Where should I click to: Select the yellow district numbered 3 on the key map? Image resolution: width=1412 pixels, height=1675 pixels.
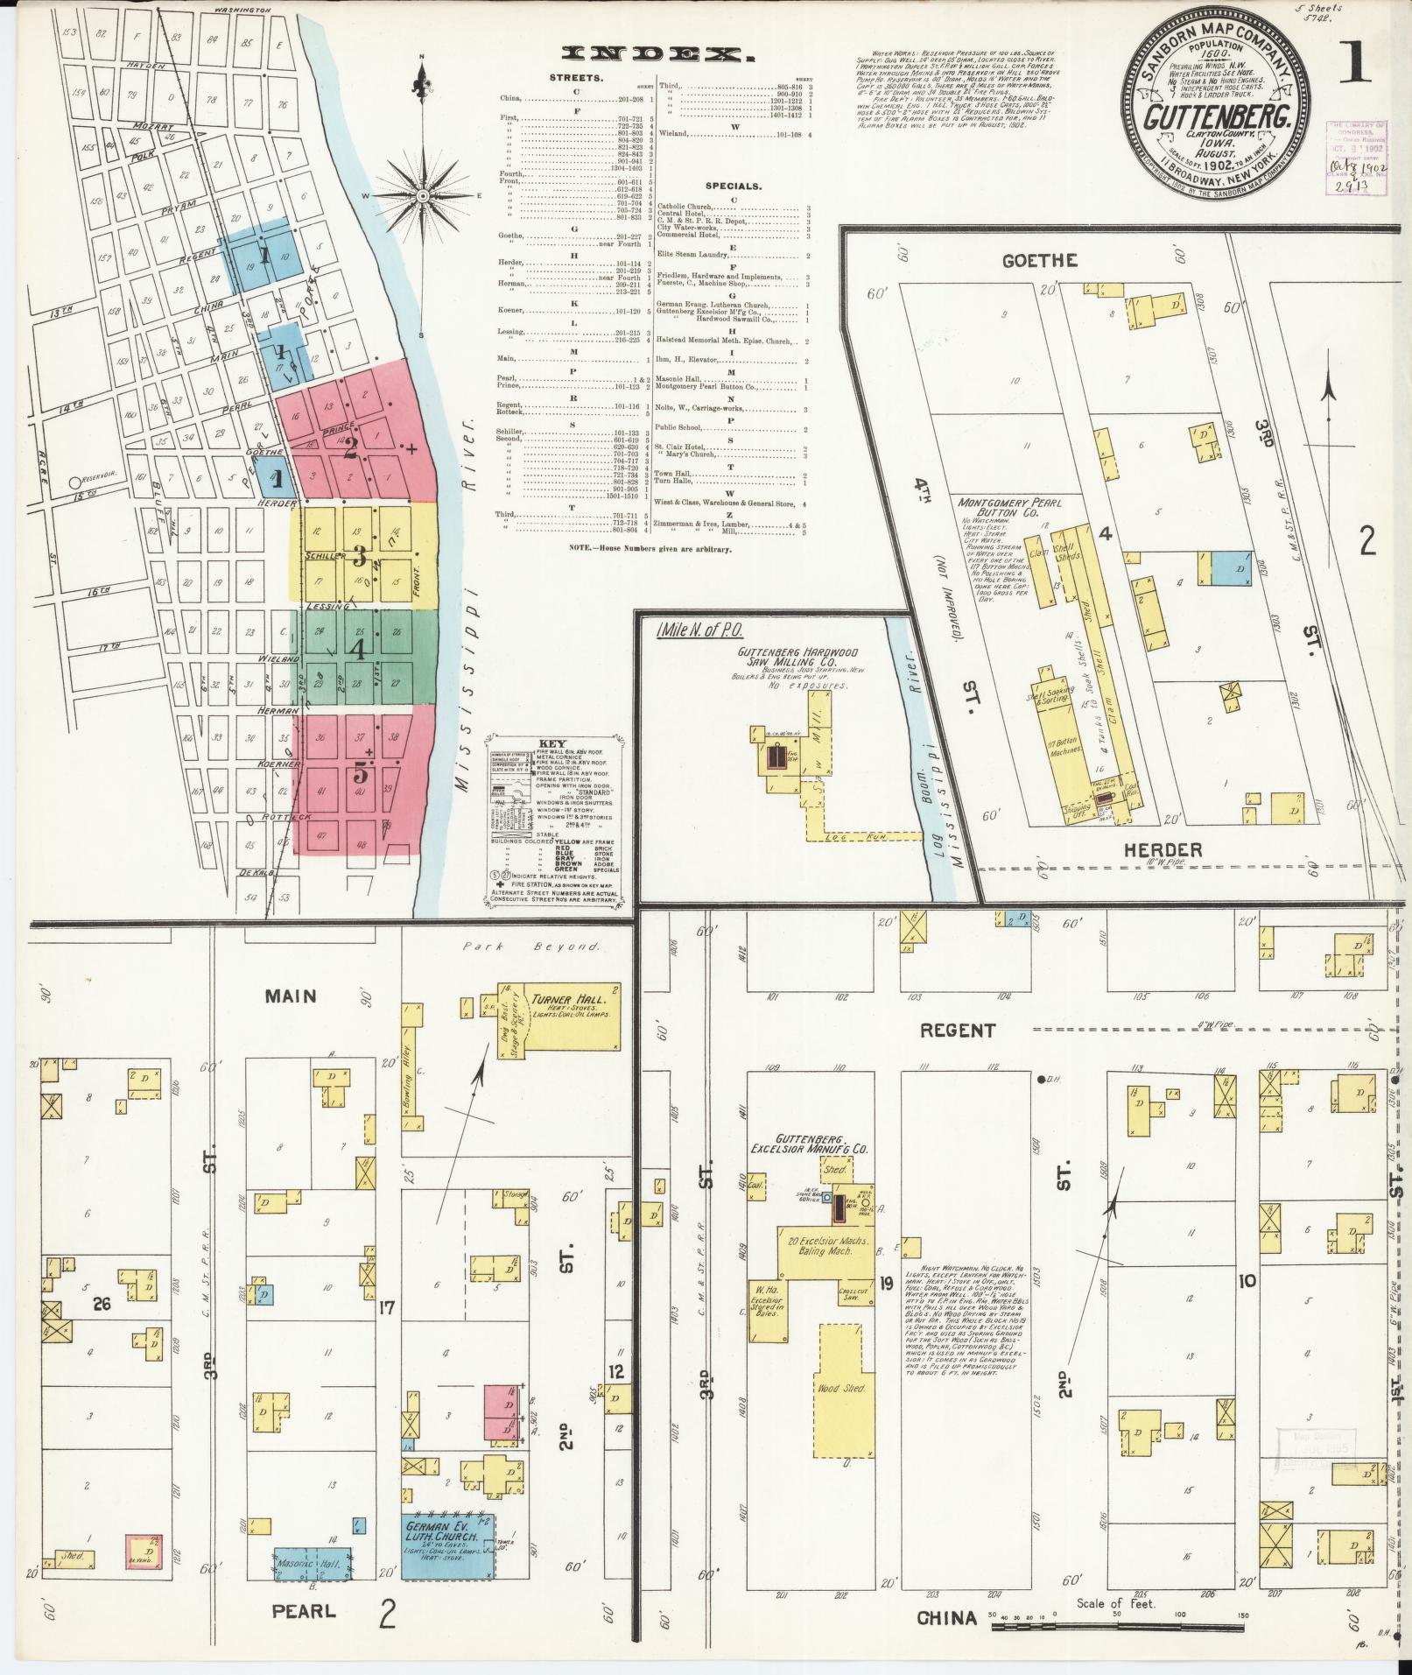pyautogui.click(x=359, y=555)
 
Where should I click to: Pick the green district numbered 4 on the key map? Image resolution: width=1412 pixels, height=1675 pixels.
pyautogui.click(x=358, y=650)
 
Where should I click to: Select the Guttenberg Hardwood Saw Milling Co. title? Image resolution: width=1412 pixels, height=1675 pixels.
pyautogui.click(x=797, y=658)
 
